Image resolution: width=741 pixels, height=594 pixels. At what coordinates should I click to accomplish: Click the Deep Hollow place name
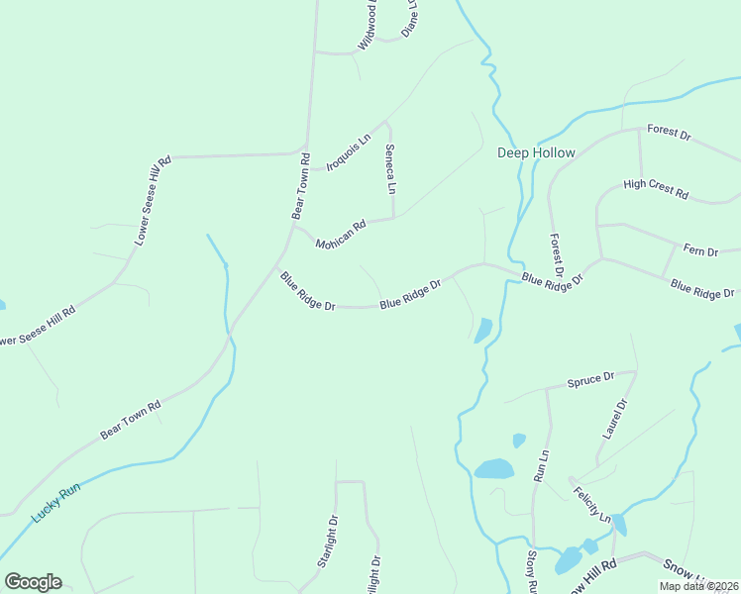(x=536, y=152)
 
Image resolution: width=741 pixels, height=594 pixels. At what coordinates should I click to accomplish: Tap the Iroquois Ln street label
(x=348, y=153)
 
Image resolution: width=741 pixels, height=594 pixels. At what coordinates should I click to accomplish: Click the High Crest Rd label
(x=656, y=189)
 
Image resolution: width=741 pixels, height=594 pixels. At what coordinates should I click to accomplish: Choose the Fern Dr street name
(x=700, y=251)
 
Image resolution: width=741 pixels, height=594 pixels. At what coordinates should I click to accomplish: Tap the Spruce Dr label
(x=590, y=379)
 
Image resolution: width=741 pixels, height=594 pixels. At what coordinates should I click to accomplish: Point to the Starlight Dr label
(x=328, y=541)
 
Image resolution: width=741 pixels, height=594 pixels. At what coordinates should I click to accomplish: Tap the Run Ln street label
(x=541, y=465)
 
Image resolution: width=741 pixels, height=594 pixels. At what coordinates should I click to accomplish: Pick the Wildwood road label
(x=368, y=27)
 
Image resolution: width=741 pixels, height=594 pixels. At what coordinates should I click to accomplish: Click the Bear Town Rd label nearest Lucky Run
(x=130, y=421)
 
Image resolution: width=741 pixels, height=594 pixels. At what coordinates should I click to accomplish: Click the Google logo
(x=33, y=582)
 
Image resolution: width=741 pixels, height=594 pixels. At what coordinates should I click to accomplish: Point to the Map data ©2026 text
(x=699, y=586)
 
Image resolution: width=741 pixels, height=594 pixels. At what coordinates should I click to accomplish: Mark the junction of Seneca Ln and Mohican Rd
(x=394, y=219)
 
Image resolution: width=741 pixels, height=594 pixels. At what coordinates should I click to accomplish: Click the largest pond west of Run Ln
(x=493, y=468)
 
